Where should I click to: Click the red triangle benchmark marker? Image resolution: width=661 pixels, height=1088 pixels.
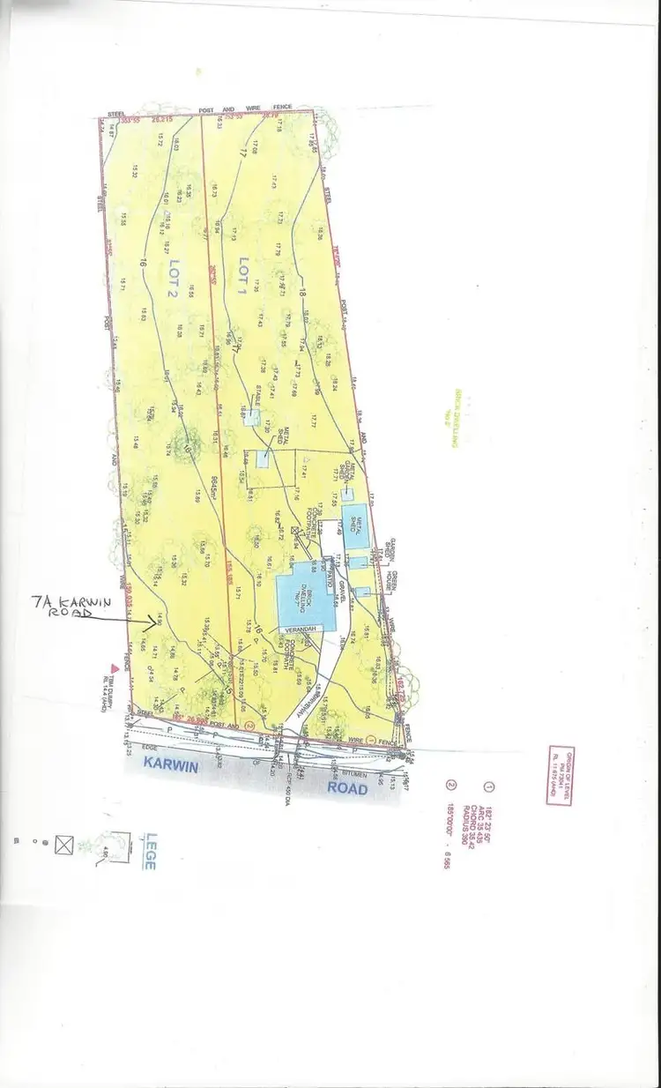pos(113,669)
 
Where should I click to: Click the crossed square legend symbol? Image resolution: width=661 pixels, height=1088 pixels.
pos(63,844)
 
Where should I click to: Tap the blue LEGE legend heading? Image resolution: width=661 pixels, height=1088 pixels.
pos(151,852)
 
